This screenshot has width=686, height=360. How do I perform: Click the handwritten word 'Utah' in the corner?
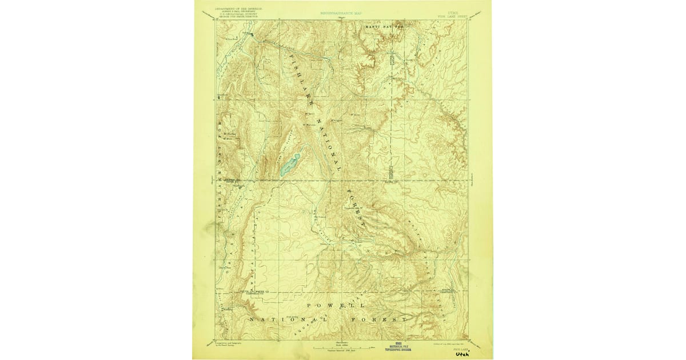pyautogui.click(x=461, y=354)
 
